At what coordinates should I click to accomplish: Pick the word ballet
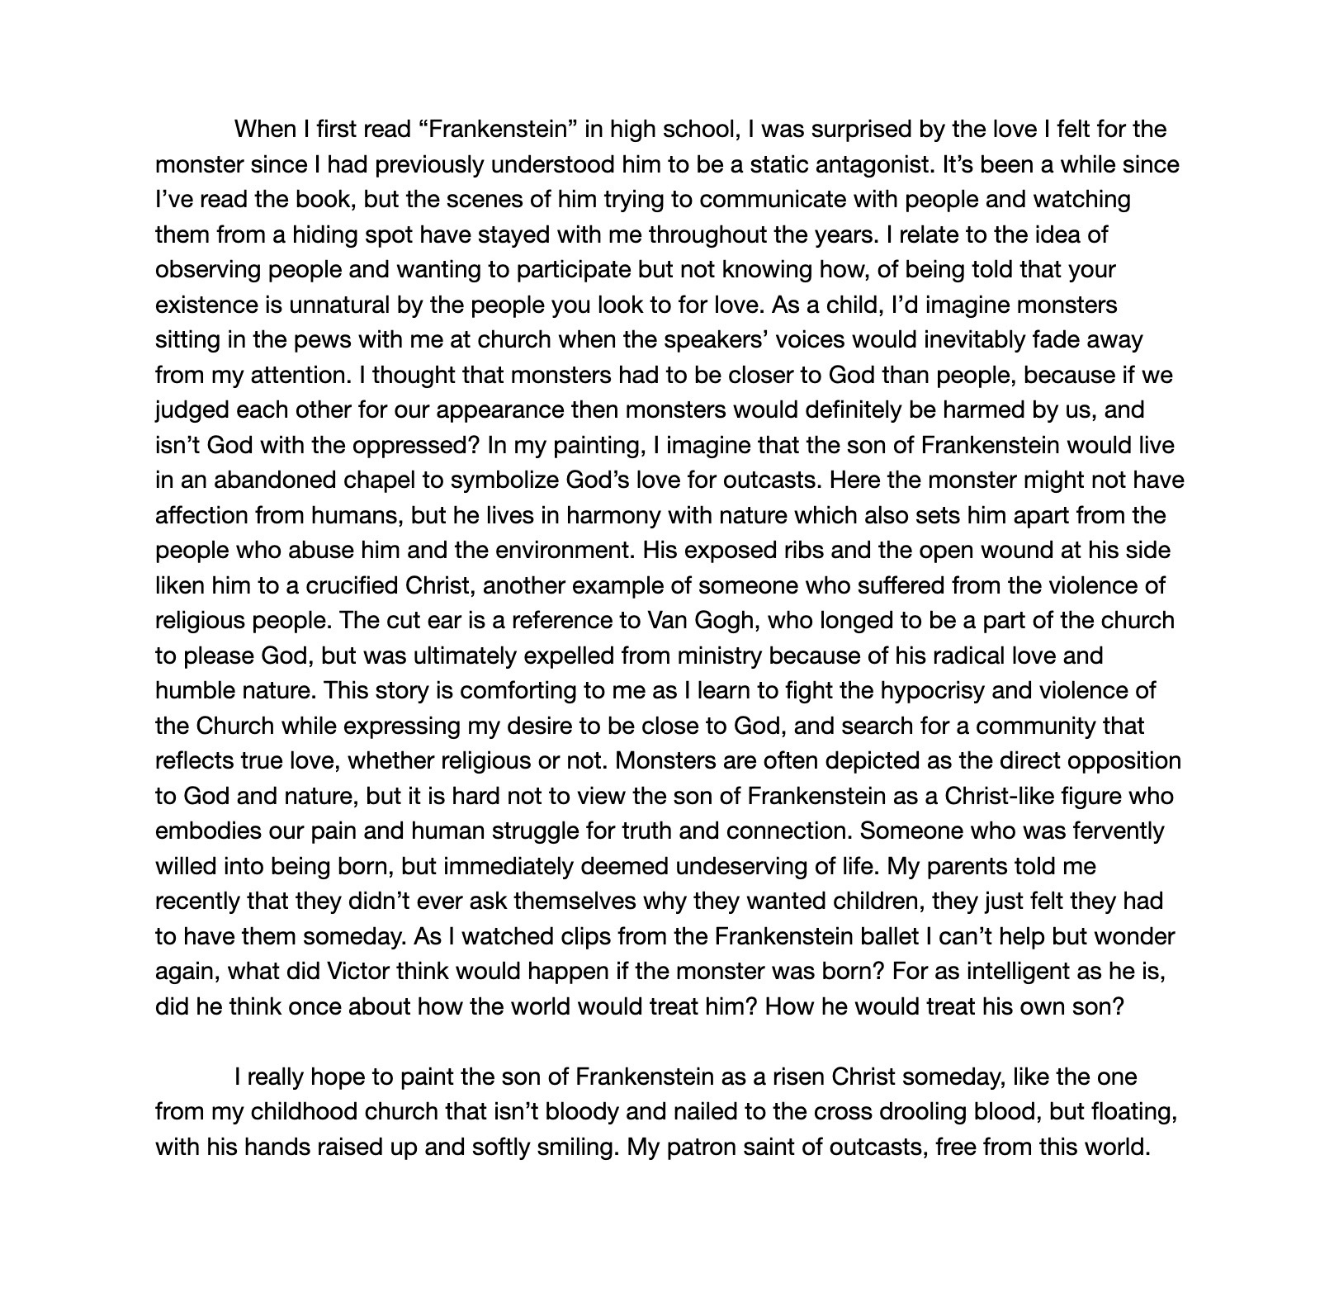[x=874, y=937]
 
